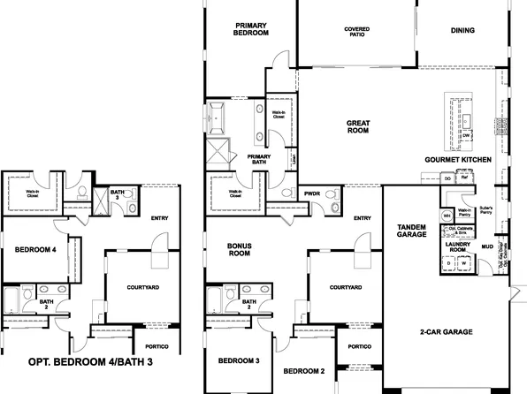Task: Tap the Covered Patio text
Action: tap(356, 33)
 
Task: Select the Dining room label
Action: tap(462, 30)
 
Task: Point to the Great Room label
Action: tap(356, 126)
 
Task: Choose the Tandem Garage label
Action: tap(413, 231)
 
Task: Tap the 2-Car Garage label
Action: tap(446, 333)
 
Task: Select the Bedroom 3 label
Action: tap(239, 361)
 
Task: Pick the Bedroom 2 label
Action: tap(304, 369)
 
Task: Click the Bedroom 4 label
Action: tap(35, 250)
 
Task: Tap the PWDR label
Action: tap(311, 193)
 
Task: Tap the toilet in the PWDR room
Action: tap(330, 206)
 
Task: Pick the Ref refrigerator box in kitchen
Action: tap(462, 178)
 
